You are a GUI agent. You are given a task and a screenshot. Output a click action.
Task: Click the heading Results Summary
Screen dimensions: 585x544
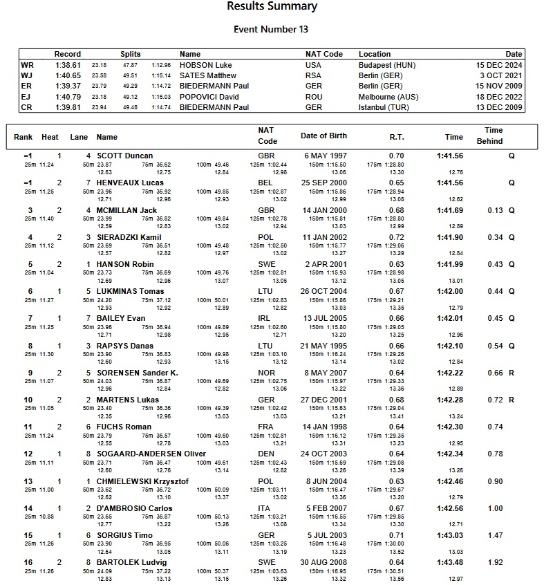[272, 7]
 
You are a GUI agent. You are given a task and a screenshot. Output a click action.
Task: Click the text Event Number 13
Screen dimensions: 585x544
[271, 29]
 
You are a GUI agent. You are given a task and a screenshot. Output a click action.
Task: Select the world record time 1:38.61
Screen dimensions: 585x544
[68, 64]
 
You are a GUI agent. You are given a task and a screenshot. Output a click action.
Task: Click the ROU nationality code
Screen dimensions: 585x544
[314, 97]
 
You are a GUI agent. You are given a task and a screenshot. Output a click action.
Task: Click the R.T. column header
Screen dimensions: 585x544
[396, 137]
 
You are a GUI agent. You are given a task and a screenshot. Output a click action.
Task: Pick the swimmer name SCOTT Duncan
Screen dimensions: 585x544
[124, 156]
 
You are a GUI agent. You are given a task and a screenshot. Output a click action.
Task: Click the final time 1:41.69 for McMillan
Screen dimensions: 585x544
[449, 210]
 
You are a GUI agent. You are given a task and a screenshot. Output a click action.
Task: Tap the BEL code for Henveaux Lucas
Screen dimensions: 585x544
[266, 183]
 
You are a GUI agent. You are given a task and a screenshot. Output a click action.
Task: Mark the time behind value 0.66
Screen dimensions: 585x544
[494, 373]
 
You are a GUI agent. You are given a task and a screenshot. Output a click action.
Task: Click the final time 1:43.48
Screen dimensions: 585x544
[449, 562]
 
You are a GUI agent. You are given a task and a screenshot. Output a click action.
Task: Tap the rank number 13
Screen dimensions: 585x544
[28, 481]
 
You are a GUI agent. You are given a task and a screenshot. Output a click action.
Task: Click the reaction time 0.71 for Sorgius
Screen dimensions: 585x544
[396, 535]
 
